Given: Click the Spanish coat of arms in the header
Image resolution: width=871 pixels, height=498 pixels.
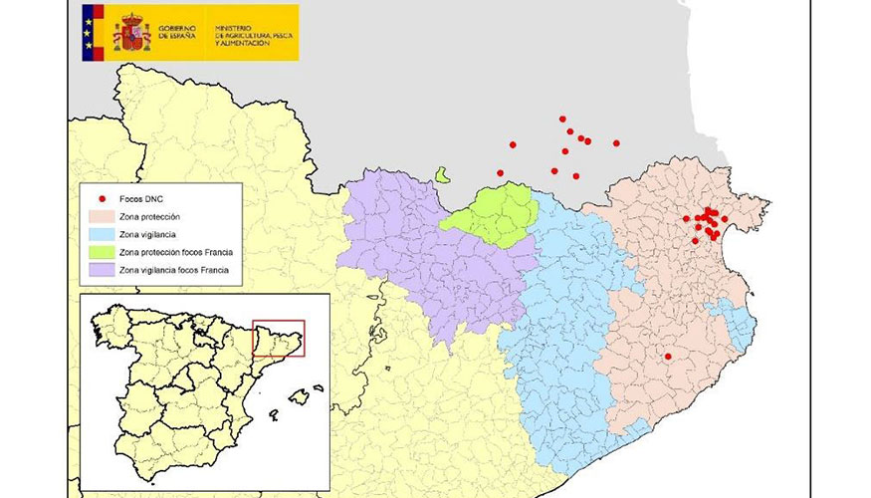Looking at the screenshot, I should click(x=131, y=31).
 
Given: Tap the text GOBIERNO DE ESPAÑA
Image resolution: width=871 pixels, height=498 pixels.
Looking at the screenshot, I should click(x=180, y=32).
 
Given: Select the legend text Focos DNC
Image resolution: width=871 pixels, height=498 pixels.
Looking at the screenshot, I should click(x=139, y=199).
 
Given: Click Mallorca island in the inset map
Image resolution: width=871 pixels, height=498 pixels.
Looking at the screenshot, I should click(x=300, y=396).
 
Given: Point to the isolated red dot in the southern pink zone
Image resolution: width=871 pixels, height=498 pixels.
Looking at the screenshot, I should click(x=668, y=357).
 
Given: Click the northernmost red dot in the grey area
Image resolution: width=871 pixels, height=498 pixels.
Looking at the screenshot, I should click(x=562, y=119).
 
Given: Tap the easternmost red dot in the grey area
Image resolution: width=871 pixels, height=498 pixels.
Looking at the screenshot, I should click(x=616, y=143).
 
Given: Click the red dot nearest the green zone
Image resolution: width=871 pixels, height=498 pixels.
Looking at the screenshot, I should click(x=501, y=173).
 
